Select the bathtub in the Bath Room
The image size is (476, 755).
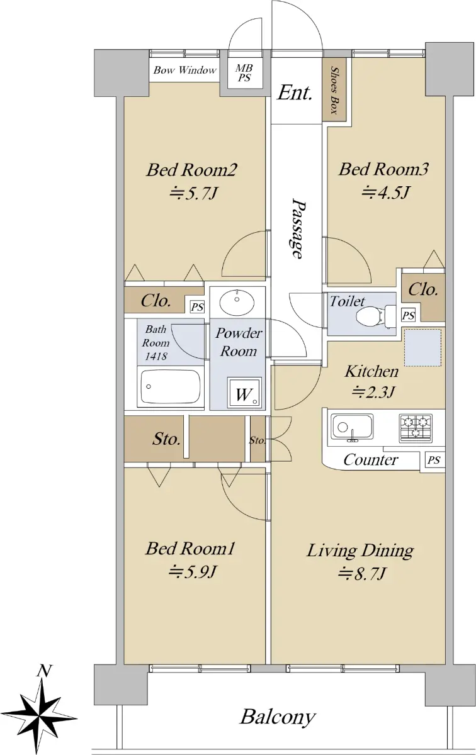click(x=171, y=386)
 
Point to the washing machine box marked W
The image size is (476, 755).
click(x=244, y=393)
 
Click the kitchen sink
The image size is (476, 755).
click(x=352, y=427)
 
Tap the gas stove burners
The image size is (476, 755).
click(x=416, y=428)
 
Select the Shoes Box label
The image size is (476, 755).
click(x=334, y=90)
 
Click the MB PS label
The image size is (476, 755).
click(x=244, y=73)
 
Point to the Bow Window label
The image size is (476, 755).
click(x=184, y=70)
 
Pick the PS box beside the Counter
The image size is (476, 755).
click(x=434, y=460)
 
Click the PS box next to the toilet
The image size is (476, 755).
click(x=408, y=315)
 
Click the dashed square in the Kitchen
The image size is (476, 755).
click(x=423, y=348)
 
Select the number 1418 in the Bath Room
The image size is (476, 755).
click(x=156, y=356)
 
